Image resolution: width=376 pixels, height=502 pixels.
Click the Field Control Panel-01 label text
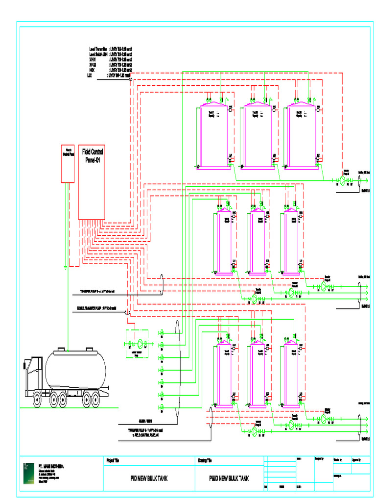[x=92, y=155]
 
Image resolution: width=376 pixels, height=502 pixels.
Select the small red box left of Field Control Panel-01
[x=67, y=164]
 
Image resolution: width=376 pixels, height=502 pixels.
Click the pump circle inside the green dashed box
[x=140, y=343]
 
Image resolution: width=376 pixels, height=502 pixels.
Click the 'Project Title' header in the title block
[x=113, y=460]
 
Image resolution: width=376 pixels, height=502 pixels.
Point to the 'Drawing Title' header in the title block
[x=205, y=460]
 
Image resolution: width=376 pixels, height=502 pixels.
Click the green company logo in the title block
[x=29, y=473]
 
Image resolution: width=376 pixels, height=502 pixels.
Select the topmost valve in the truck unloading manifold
[x=161, y=333]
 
